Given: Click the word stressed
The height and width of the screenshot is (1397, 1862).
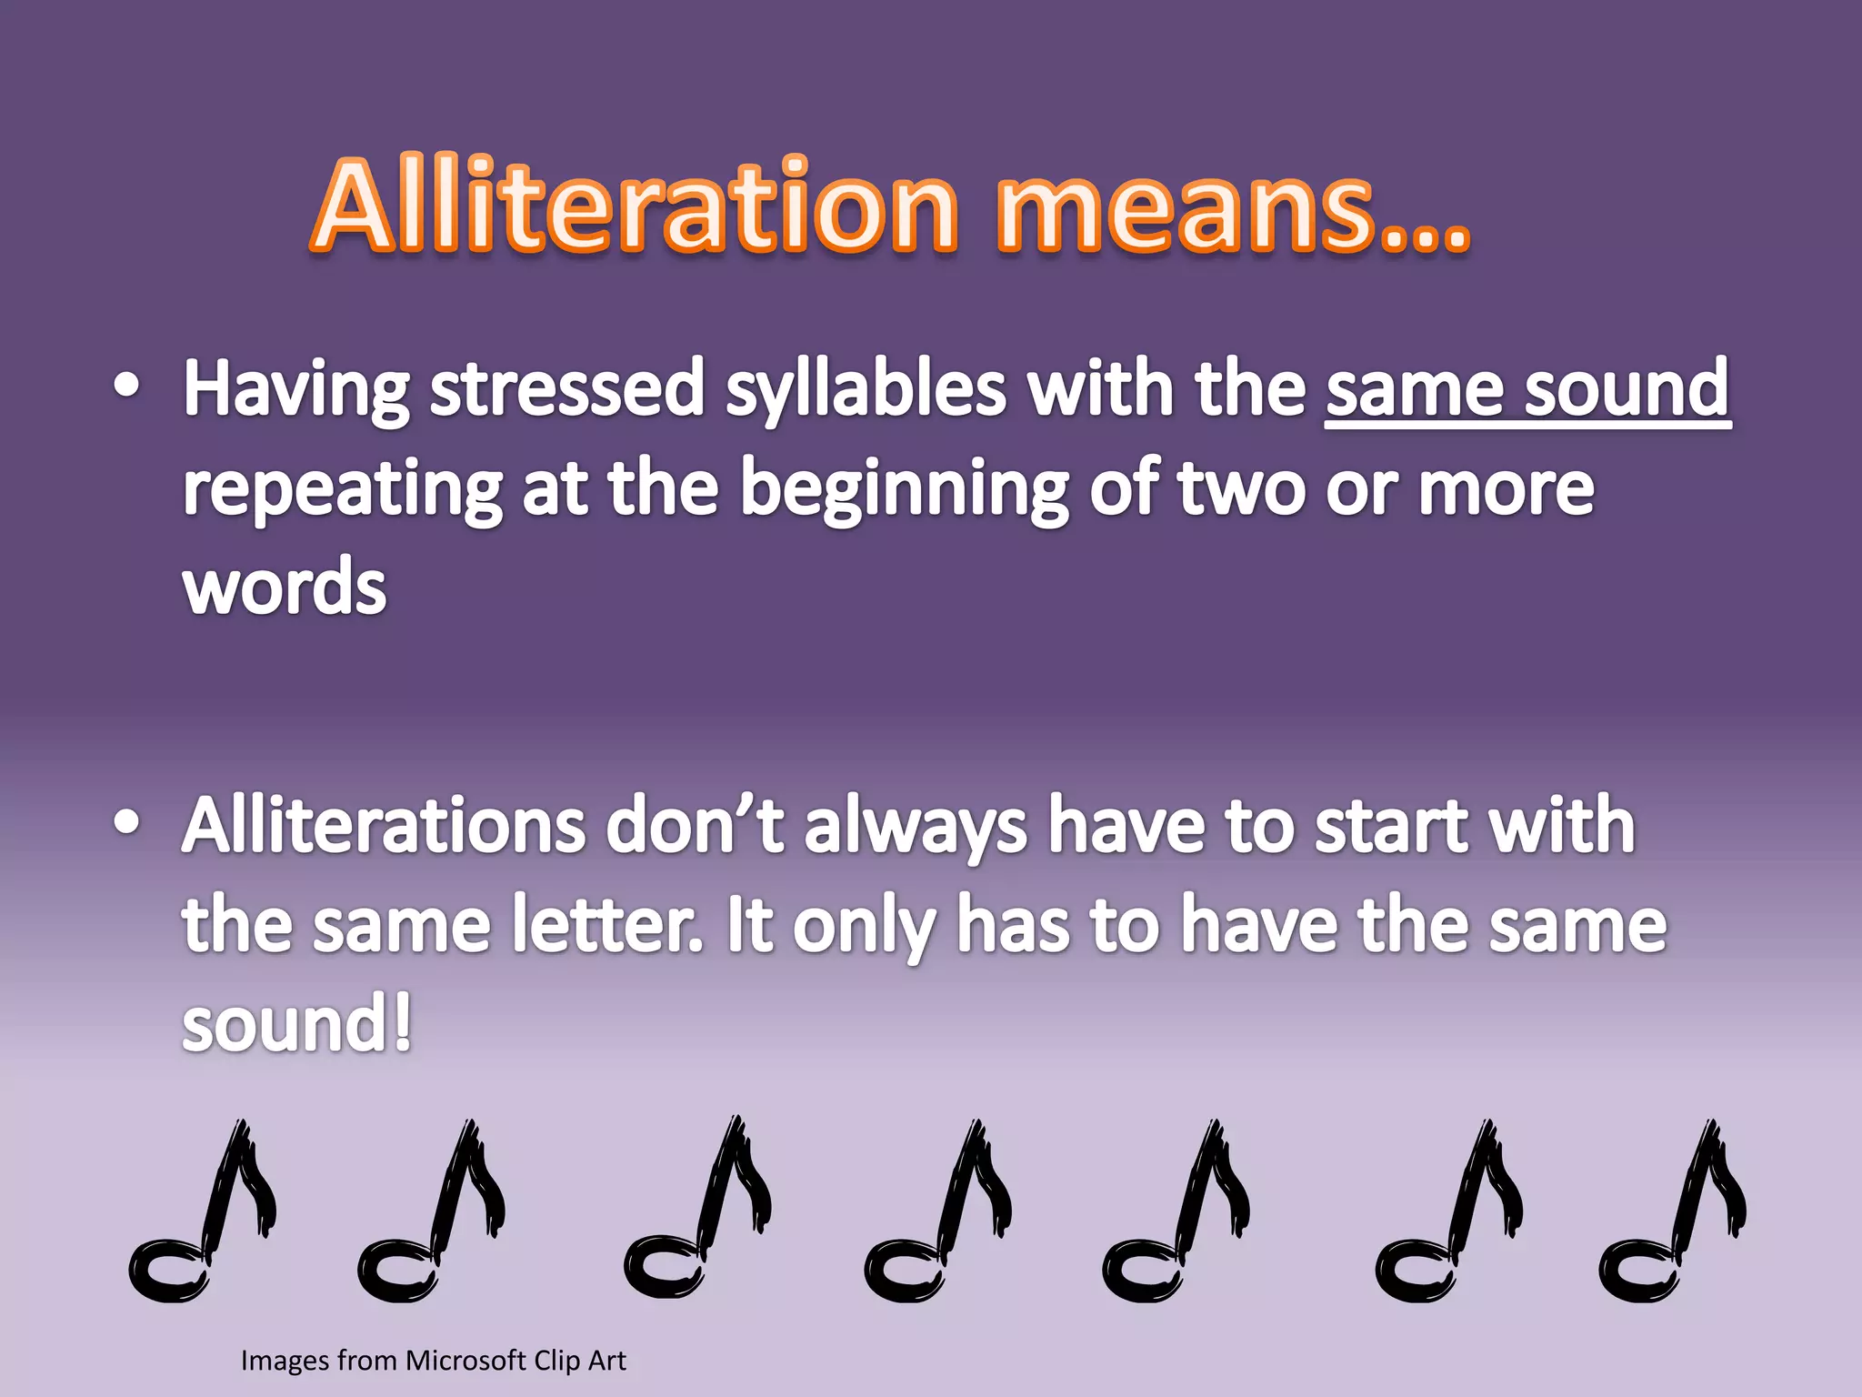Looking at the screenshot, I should tap(567, 389).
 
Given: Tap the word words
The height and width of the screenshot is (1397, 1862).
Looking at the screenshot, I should tap(285, 588).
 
